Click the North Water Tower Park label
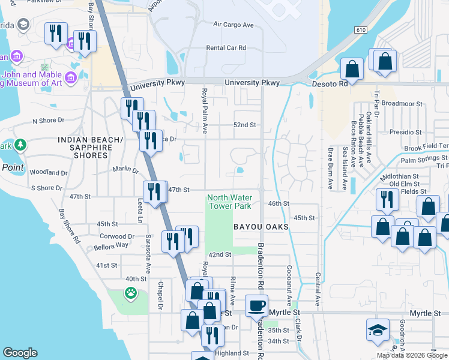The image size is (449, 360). (x=230, y=202)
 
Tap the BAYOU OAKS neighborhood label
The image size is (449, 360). (x=262, y=227)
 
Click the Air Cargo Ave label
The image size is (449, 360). (x=234, y=25)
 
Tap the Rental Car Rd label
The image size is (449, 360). (x=226, y=47)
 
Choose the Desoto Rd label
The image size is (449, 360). (x=330, y=84)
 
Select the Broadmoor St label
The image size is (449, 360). (x=402, y=103)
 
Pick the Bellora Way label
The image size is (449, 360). (x=111, y=245)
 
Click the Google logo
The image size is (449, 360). (x=20, y=353)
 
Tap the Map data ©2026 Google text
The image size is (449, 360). (x=411, y=355)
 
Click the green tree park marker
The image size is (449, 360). (x=20, y=146)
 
